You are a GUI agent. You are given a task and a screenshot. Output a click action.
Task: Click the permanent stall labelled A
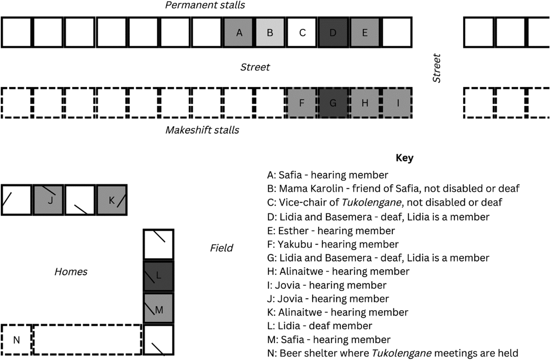click(239, 33)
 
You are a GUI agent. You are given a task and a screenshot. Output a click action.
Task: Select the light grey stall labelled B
click(270, 33)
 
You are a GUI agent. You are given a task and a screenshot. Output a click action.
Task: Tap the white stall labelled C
click(302, 33)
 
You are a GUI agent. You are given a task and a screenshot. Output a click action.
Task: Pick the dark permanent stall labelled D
click(333, 33)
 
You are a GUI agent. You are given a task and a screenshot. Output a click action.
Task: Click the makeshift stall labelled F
click(302, 103)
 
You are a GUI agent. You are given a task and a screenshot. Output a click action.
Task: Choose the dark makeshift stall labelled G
click(333, 103)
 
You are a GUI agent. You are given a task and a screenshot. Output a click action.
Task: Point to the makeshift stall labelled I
click(397, 103)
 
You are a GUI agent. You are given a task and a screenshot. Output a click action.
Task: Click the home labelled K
click(112, 200)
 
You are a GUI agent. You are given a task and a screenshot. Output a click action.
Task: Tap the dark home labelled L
click(159, 276)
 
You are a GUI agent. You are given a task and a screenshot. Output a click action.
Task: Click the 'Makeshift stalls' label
click(202, 130)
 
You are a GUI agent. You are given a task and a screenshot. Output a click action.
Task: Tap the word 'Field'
click(221, 248)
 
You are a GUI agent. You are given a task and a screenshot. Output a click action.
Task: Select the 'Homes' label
click(71, 272)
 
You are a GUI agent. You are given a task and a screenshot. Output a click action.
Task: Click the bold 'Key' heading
click(404, 159)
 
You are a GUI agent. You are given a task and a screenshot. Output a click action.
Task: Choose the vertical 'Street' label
click(437, 68)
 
